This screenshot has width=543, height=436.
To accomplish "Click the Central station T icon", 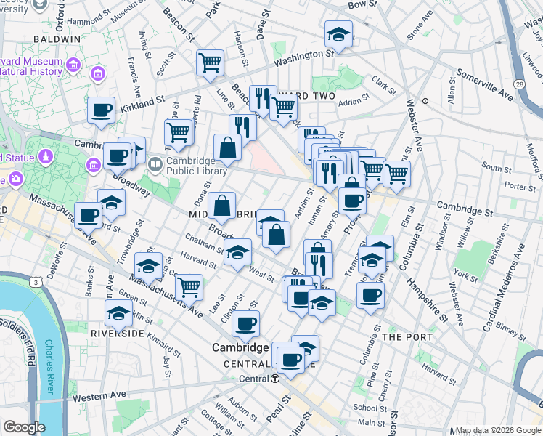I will pos(276,379).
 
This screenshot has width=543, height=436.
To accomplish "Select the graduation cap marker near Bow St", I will pos(338,33).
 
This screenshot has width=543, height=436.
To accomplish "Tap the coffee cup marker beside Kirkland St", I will pos(101,110).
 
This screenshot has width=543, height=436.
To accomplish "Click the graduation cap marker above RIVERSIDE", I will pos(118,314).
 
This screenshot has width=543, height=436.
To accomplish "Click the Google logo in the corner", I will pos(24,427).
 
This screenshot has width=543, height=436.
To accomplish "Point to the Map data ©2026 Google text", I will pos(497,430).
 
